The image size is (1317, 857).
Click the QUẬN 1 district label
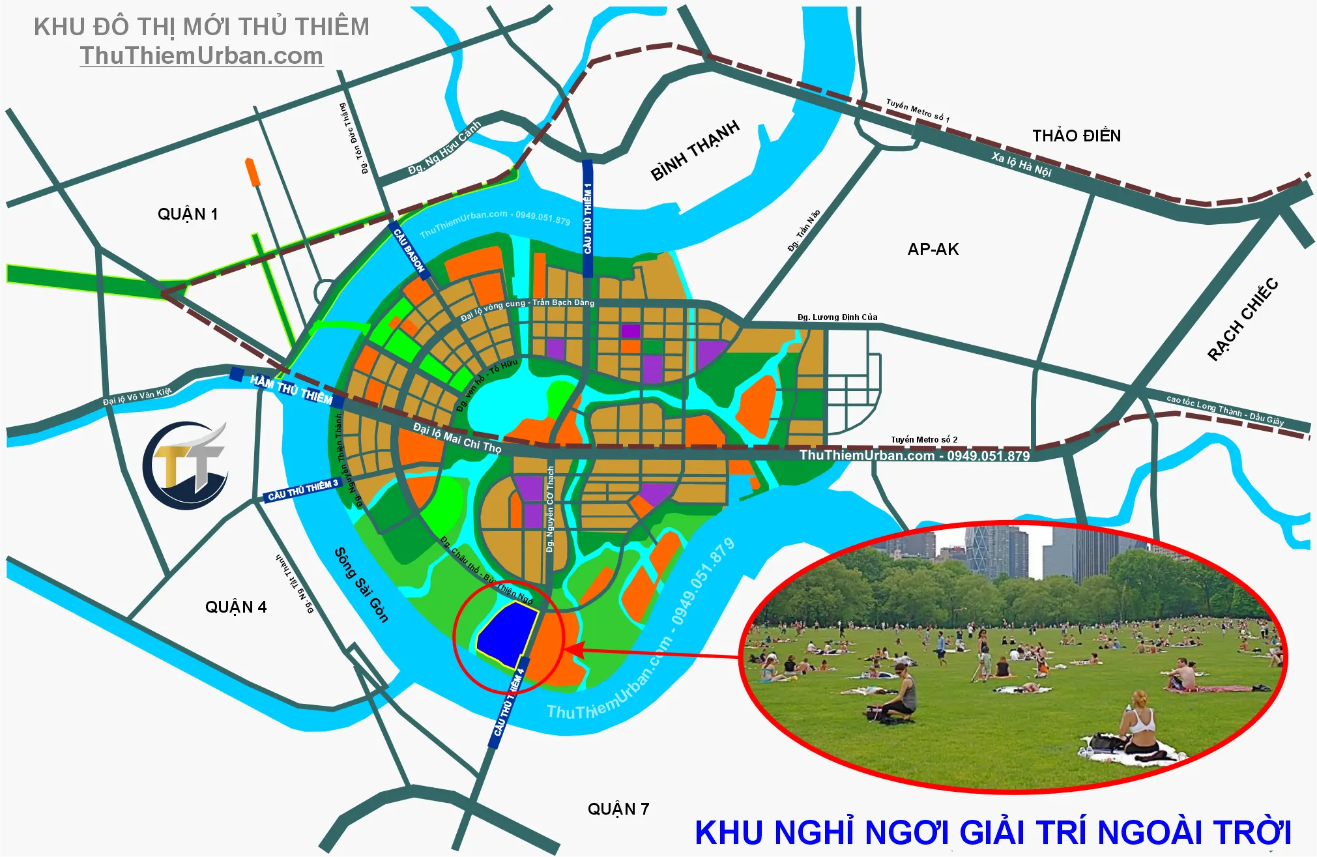(188, 214)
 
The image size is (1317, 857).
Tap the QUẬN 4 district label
(236, 607)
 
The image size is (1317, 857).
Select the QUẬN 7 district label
(618, 809)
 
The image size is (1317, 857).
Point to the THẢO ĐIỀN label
(1077, 136)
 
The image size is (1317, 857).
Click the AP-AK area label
(933, 249)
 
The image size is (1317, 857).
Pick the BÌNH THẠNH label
(695, 150)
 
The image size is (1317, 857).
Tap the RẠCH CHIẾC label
(1243, 319)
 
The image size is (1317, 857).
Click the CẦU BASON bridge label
(409, 251)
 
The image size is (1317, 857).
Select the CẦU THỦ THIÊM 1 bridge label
(588, 218)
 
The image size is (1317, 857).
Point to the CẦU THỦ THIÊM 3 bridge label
(303, 490)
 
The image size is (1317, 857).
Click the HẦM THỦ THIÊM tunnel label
(291, 389)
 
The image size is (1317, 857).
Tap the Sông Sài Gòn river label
(361, 585)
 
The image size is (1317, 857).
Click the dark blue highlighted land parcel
(506, 633)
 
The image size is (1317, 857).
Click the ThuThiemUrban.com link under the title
(201, 56)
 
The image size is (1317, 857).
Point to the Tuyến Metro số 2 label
(924, 439)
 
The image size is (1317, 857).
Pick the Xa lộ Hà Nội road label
(1021, 164)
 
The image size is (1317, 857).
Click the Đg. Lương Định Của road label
(837, 317)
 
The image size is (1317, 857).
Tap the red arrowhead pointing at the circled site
(572, 649)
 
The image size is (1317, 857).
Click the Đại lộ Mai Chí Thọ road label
(457, 437)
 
